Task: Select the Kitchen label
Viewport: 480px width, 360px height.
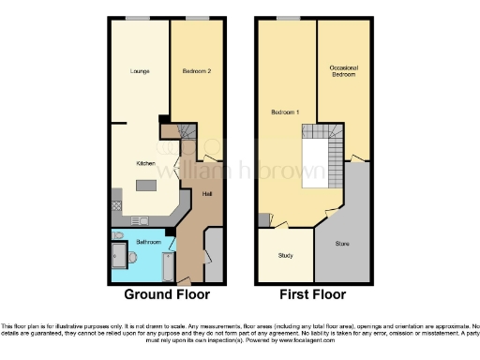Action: tap(145, 163)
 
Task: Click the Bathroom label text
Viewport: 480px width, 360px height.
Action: tap(148, 241)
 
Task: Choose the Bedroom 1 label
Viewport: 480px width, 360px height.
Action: tap(285, 112)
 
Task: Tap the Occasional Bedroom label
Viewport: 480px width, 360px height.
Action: tap(343, 70)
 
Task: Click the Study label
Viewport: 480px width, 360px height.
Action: tap(286, 255)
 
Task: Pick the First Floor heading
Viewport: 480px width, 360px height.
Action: tap(315, 293)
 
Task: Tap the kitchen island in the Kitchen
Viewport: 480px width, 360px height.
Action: tap(146, 185)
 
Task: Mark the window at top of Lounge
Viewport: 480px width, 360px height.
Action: tap(139, 18)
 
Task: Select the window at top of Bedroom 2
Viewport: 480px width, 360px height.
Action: tap(197, 18)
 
